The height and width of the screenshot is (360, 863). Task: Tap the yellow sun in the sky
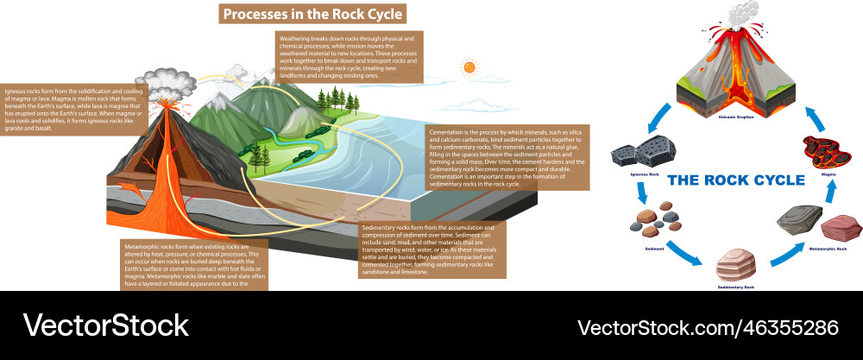469,66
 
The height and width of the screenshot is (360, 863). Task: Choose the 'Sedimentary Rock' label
736,285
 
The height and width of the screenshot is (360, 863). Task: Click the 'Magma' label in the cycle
828,173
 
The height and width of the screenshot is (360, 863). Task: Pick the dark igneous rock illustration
635,155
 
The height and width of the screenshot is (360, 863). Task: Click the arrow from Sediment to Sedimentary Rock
685,257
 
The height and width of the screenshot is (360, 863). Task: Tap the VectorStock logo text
104,325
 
